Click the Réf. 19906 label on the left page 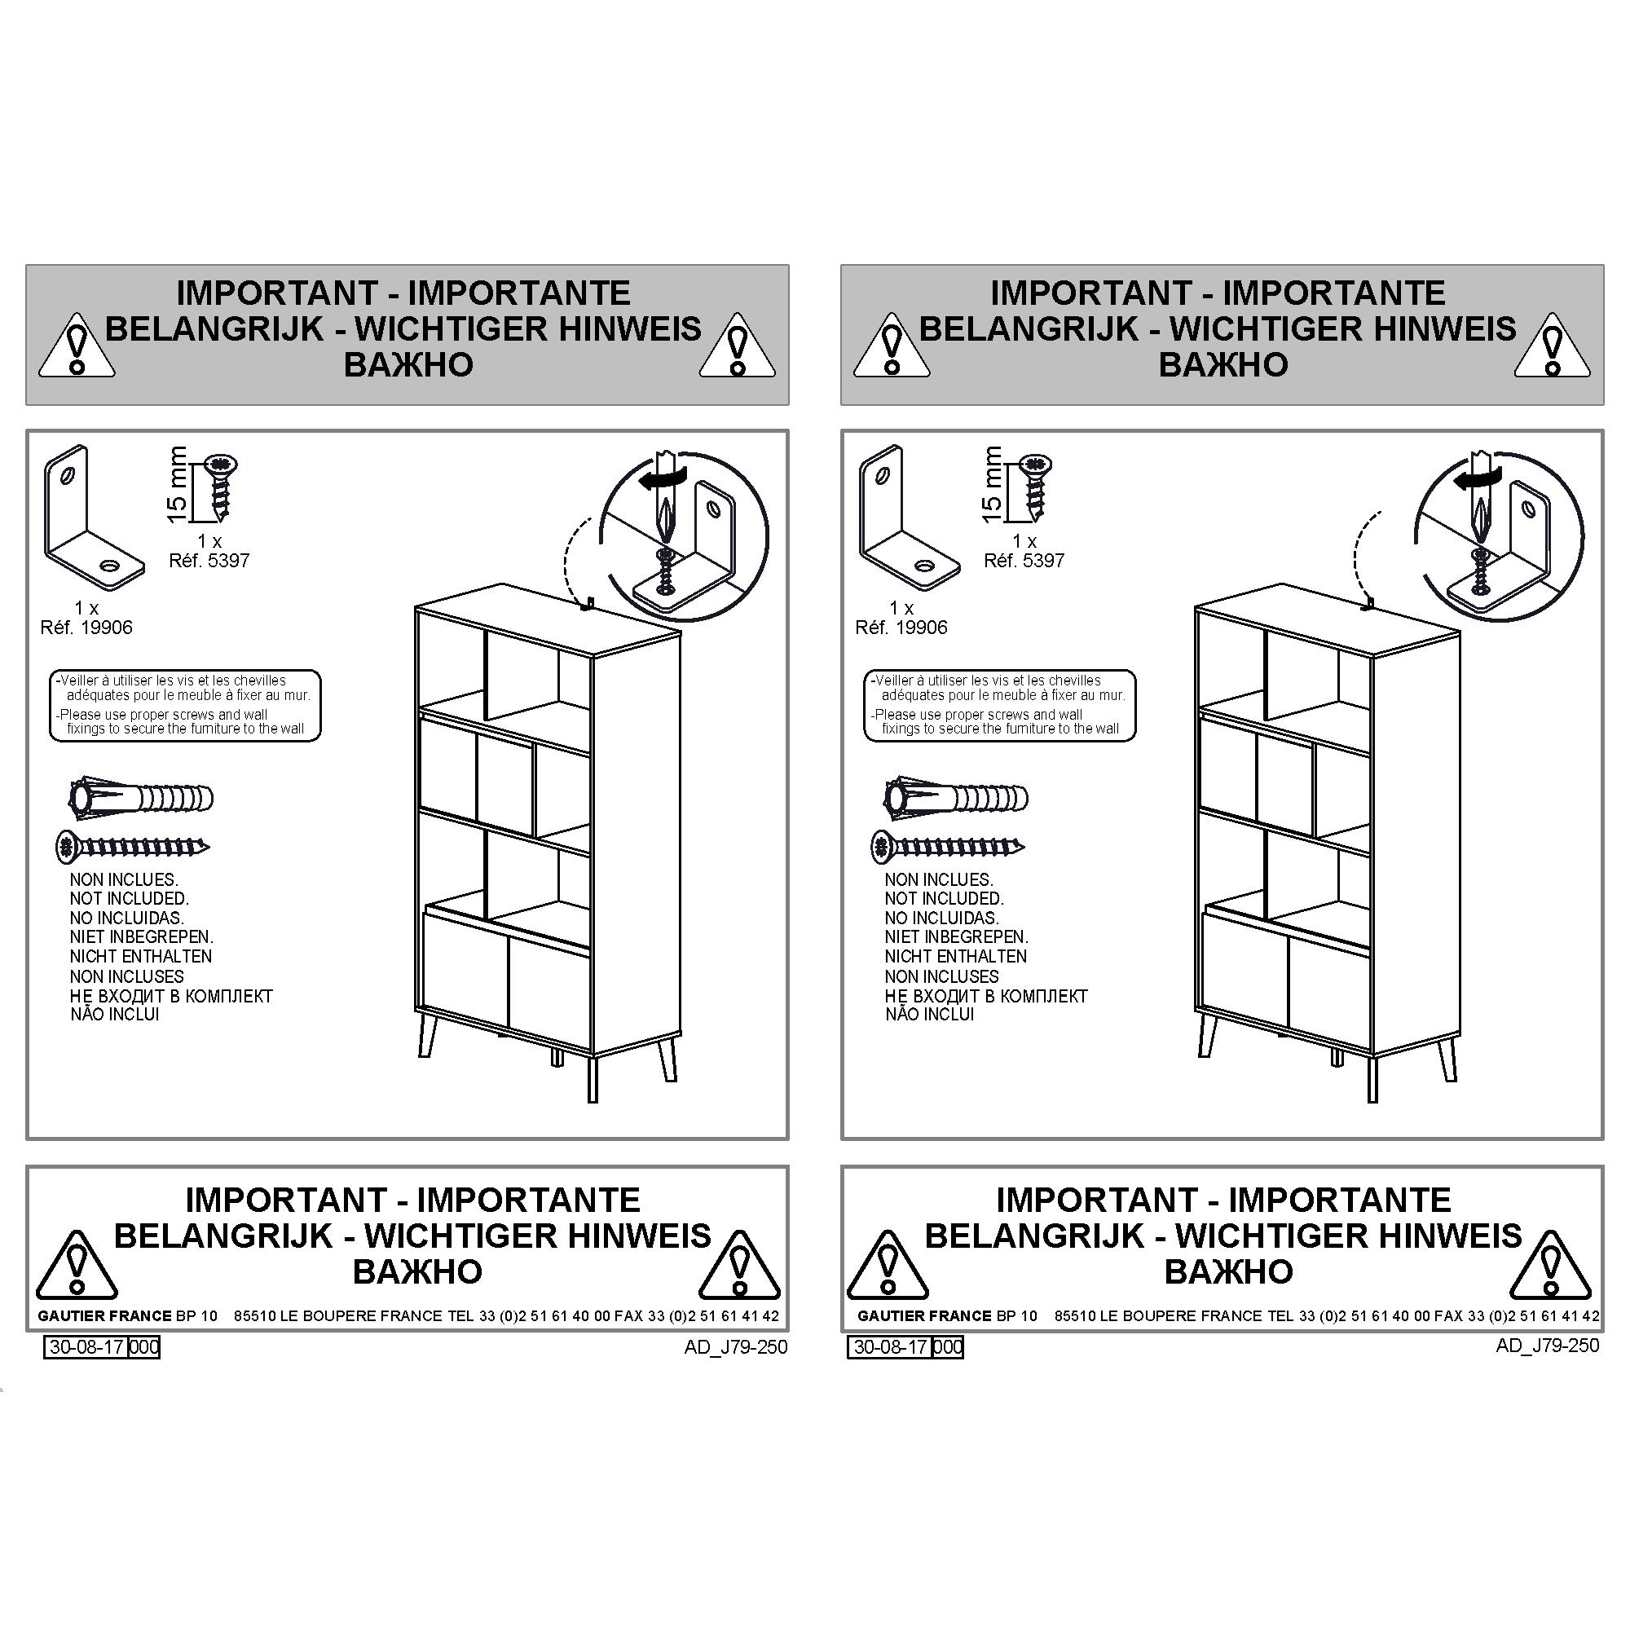click(87, 628)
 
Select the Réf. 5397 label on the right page click(1024, 560)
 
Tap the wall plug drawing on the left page click(141, 798)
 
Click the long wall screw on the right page click(949, 846)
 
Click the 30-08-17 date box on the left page click(87, 1346)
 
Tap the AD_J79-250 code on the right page click(1548, 1345)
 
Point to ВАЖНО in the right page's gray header click(1222, 364)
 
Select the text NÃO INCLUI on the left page click(115, 1014)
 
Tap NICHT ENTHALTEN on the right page click(955, 956)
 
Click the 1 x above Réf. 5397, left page click(209, 541)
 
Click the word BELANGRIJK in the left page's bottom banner click(223, 1236)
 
